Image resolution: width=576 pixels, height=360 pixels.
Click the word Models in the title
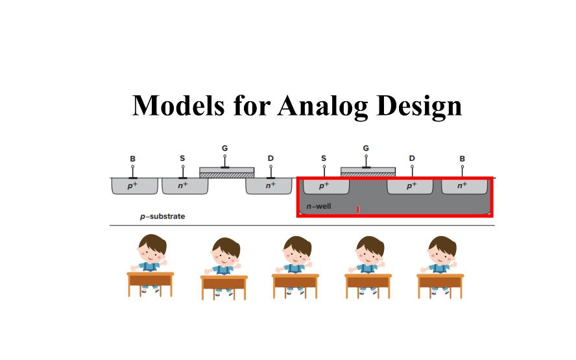[178, 106]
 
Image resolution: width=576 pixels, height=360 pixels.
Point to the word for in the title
[252, 106]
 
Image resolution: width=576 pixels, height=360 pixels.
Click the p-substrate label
[162, 217]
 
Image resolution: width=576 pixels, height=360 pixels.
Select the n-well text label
[319, 206]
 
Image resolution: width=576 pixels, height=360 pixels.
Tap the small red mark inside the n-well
[358, 210]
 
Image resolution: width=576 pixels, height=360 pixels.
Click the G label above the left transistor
[225, 148]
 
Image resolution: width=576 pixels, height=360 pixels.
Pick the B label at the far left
[132, 159]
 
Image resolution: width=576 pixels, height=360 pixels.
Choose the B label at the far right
[462, 159]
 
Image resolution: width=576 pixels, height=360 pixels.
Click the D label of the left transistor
[270, 158]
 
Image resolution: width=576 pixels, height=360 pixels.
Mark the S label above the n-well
[324, 158]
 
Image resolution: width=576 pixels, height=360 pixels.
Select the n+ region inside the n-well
[464, 186]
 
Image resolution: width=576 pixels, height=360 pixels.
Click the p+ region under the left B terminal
[134, 186]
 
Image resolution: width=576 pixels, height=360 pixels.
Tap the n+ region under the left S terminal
[185, 186]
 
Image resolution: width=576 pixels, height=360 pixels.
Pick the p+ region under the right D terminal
[410, 186]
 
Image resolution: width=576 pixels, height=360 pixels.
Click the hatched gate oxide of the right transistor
[368, 175]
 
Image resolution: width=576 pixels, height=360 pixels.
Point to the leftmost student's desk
[150, 283]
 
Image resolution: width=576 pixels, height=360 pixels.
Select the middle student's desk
[295, 285]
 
